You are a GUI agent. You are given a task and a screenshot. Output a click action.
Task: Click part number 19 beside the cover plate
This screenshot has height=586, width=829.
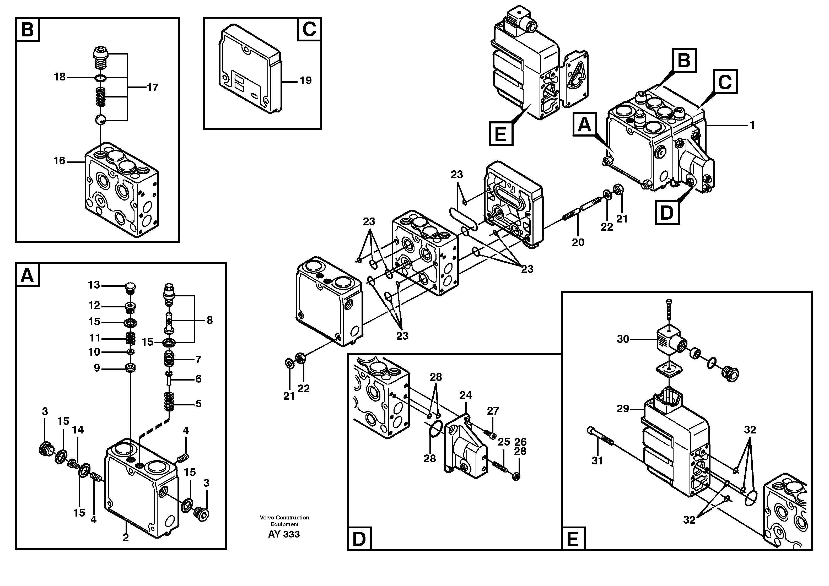point(305,80)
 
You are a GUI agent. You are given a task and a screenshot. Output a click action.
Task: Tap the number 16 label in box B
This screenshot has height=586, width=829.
point(60,161)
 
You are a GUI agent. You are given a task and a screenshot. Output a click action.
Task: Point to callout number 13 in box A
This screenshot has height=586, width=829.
point(94,285)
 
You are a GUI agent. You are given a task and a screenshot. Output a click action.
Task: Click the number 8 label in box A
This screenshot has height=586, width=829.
point(209,320)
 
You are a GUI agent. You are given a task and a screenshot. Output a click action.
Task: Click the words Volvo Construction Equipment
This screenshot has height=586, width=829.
point(284,521)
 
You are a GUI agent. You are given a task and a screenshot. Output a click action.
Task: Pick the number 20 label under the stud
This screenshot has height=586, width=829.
point(578,242)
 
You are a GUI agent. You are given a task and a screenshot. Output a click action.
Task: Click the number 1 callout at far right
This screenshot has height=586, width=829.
point(752,125)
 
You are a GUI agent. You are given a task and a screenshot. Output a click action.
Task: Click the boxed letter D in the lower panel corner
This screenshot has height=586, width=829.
point(359,539)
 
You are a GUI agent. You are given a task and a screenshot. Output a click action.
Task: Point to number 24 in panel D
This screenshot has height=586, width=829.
point(466,395)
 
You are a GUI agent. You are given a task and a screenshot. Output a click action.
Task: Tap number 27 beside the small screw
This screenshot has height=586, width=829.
point(493,411)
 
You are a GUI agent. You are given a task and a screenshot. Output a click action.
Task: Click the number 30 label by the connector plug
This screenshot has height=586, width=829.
point(623,339)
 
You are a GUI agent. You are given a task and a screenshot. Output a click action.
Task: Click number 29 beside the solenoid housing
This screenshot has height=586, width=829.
point(623,409)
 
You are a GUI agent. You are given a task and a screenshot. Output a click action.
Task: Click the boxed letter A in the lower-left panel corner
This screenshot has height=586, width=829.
point(27,276)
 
